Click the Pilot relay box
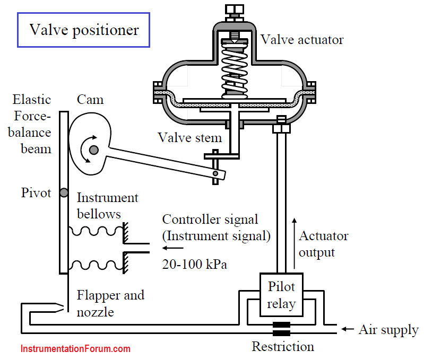[x=281, y=295]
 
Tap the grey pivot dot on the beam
[x=64, y=192]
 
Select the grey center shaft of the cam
[x=94, y=150]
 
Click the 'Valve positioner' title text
[x=84, y=30]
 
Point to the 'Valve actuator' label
[x=302, y=40]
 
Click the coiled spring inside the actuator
[x=235, y=71]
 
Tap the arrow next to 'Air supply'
[x=348, y=329]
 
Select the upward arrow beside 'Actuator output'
[x=295, y=243]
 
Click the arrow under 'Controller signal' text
[x=173, y=248]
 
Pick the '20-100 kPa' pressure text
[x=194, y=264]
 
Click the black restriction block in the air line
[x=281, y=329]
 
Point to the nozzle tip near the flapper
[x=63, y=308]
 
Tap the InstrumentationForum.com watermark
[x=75, y=349]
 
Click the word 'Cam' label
[x=90, y=100]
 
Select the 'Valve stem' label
[x=190, y=138]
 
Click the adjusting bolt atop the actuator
[x=235, y=13]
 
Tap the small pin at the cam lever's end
[x=215, y=173]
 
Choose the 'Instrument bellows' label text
[x=107, y=206]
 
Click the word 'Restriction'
[x=283, y=347]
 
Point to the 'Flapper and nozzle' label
[x=110, y=304]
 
